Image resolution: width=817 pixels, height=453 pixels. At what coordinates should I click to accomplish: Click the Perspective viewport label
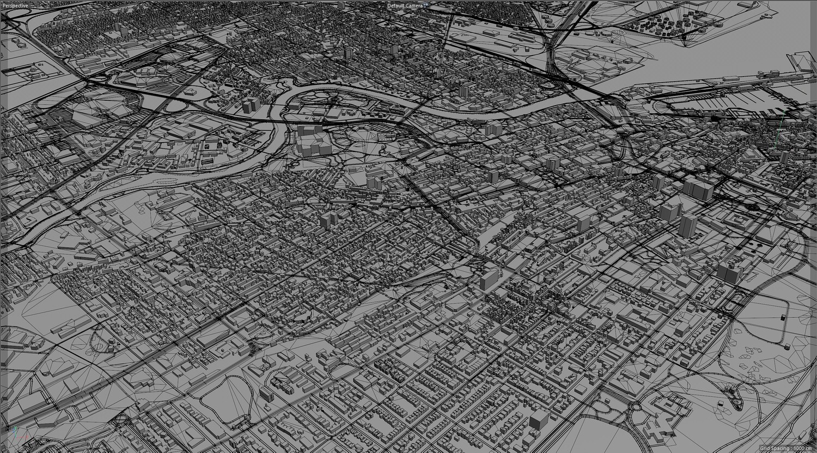pyautogui.click(x=15, y=5)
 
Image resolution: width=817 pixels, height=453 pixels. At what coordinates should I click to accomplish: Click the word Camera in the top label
pyautogui.click(x=414, y=5)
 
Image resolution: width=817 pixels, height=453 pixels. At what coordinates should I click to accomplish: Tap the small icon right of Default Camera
pyautogui.click(x=426, y=5)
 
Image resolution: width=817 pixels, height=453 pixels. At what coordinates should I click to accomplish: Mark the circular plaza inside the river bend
pyautogui.click(x=332, y=101)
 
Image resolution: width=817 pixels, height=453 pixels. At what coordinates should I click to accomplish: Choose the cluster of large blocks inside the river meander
pyautogui.click(x=313, y=143)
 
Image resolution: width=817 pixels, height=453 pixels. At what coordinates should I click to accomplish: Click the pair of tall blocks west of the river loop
pyautogui.click(x=251, y=105)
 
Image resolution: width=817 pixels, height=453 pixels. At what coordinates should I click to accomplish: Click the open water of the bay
pyautogui.click(x=708, y=54)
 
